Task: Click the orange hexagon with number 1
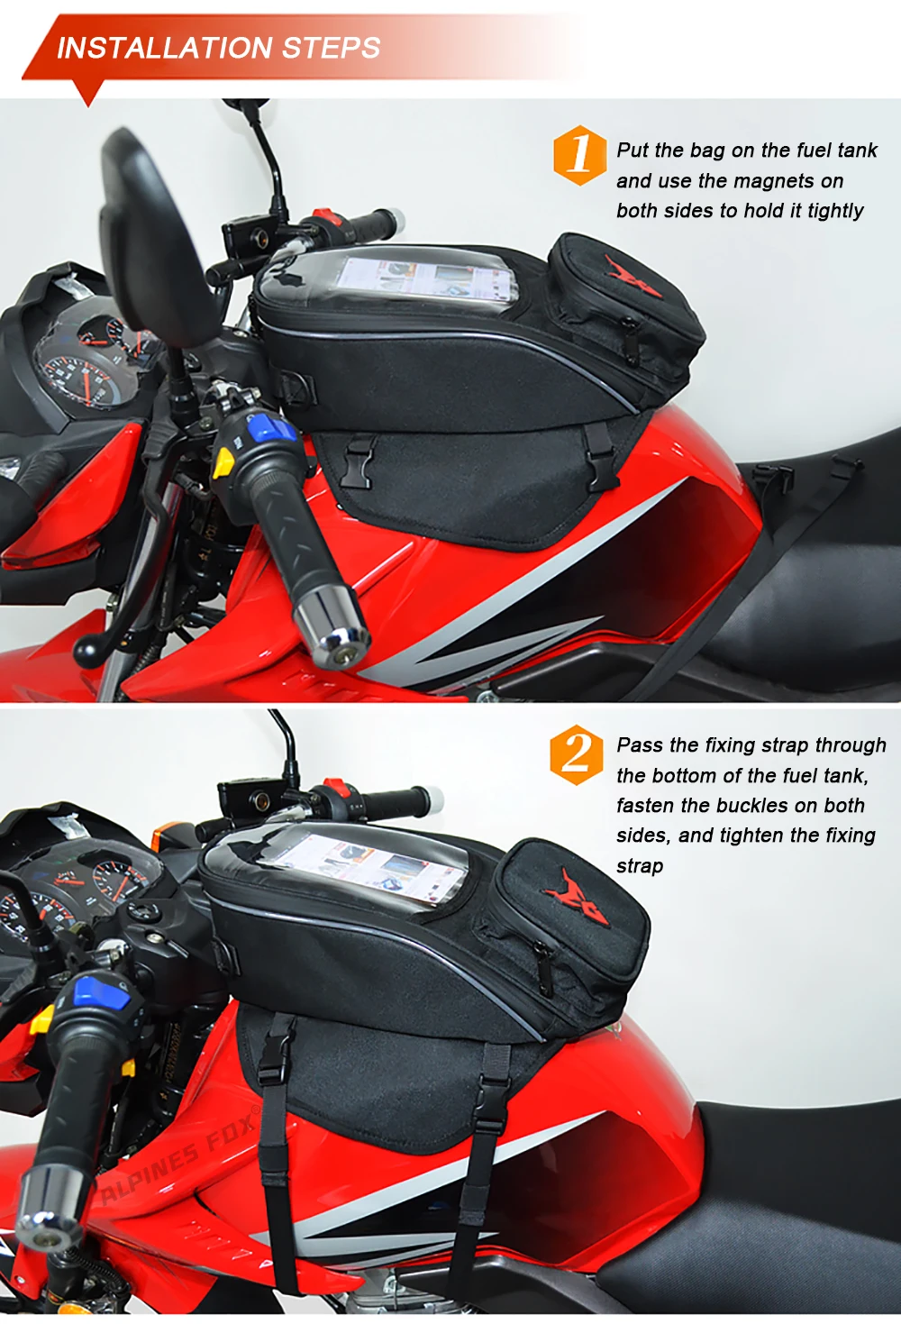(x=579, y=155)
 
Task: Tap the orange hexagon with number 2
(x=576, y=754)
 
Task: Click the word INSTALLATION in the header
(x=165, y=48)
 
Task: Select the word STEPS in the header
(x=331, y=48)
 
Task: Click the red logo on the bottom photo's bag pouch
(x=578, y=896)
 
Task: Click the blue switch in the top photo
(x=272, y=430)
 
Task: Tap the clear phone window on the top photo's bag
(x=426, y=278)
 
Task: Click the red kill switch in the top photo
(x=326, y=216)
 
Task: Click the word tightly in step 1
(x=835, y=211)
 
